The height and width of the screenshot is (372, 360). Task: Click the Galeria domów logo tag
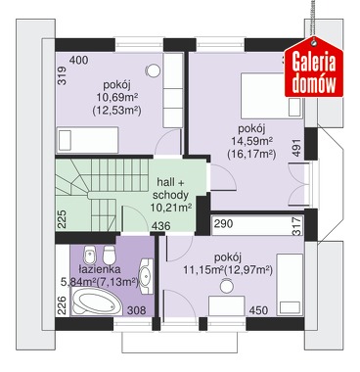click(x=314, y=69)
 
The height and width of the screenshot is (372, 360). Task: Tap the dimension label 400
click(x=79, y=60)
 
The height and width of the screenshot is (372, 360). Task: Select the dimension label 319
click(x=62, y=75)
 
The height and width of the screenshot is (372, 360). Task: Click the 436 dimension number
click(x=161, y=226)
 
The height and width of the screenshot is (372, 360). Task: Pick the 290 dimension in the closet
click(x=223, y=223)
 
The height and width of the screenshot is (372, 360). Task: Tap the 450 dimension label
click(x=258, y=310)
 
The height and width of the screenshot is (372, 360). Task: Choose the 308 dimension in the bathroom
click(x=136, y=309)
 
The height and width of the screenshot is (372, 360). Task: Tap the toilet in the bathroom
click(x=110, y=255)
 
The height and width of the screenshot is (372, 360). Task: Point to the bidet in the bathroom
click(x=89, y=255)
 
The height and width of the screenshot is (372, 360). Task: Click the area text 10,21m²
click(x=171, y=208)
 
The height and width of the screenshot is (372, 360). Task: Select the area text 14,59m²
click(x=252, y=141)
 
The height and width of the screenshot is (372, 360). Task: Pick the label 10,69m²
click(x=116, y=97)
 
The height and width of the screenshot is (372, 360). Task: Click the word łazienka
click(x=100, y=269)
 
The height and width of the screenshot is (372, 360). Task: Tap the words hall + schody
click(x=170, y=188)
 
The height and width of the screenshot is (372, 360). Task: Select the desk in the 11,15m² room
click(x=227, y=305)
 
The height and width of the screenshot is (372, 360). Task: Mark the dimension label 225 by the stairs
click(x=62, y=219)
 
